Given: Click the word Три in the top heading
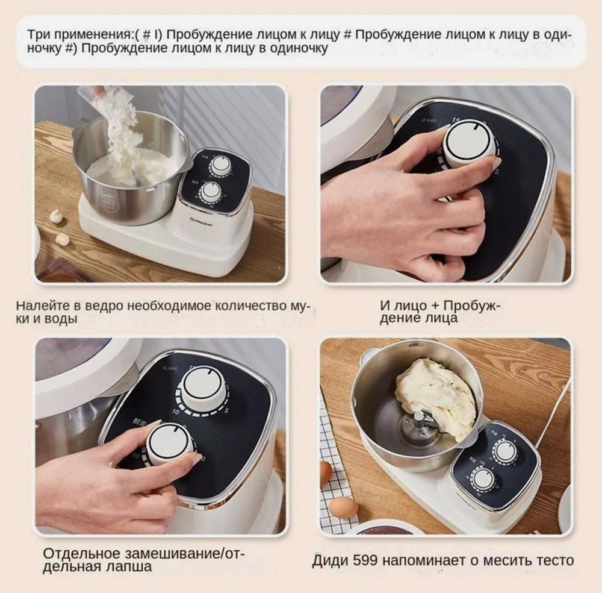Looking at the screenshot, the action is pos(39,34).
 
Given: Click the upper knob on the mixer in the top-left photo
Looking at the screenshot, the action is pos(219,165).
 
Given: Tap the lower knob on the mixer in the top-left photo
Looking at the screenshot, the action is pos(211,191).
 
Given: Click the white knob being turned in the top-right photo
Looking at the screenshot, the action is pos(470,143).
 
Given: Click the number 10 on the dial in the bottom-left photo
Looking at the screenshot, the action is pos(176,412).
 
